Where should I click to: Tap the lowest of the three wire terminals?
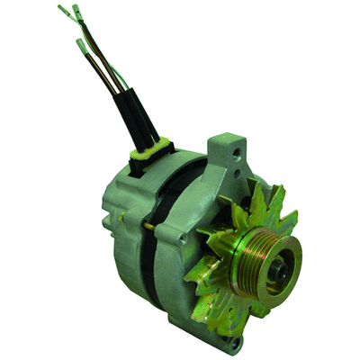pos(82,45)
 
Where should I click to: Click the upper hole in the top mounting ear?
pos(236,154)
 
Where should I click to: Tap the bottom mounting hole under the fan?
pos(236,341)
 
